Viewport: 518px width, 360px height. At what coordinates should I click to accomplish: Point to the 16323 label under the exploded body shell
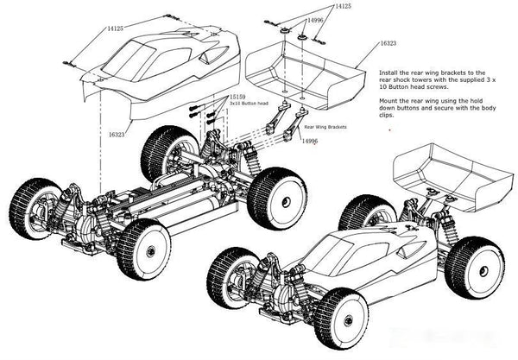coord(117,135)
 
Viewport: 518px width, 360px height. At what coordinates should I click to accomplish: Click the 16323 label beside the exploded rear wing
coord(388,41)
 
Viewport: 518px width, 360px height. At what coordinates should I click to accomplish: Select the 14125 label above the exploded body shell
coord(114,28)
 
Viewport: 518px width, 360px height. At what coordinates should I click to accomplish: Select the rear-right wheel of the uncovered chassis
coord(276,199)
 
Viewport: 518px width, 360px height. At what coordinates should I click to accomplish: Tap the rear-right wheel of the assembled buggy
coord(474,267)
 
